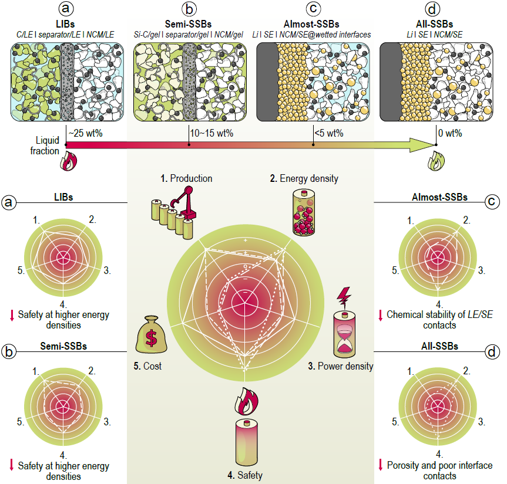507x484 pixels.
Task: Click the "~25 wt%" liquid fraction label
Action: pos(86,133)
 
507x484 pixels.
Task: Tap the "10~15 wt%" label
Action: pos(211,133)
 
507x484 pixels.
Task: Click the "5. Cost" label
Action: pos(147,367)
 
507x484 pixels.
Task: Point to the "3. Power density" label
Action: pos(341,367)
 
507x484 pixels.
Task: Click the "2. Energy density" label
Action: pos(305,178)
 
